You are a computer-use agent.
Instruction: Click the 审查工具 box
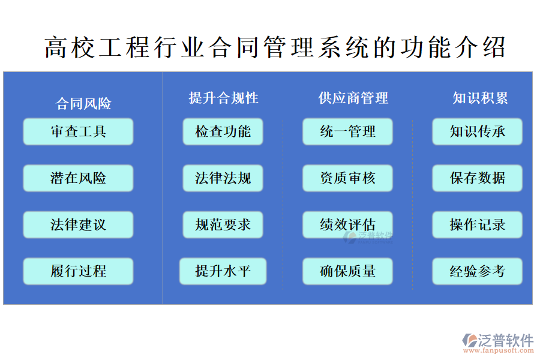coord(78,131)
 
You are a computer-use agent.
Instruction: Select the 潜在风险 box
coord(78,178)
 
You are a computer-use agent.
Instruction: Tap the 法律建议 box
coord(78,225)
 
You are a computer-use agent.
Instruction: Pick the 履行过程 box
coord(78,271)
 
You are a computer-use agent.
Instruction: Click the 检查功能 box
coord(223,131)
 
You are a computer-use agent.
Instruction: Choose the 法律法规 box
coord(223,178)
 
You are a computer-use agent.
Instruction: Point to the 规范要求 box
coord(223,225)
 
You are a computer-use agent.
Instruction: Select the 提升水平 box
coord(223,271)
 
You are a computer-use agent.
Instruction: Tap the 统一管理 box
coord(347,131)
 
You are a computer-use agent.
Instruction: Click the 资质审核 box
coord(347,178)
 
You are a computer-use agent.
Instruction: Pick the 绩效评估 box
coord(347,225)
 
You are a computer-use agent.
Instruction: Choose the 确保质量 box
coord(347,271)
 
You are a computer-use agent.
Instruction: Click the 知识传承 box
coord(478,131)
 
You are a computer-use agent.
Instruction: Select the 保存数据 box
coord(478,178)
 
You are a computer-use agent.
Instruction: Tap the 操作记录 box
coord(478,225)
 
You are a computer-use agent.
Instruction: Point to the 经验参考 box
coord(478,271)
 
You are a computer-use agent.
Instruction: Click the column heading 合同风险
coord(83,104)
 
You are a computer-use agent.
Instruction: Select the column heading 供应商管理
coord(353,98)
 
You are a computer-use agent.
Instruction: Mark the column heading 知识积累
coord(480,98)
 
